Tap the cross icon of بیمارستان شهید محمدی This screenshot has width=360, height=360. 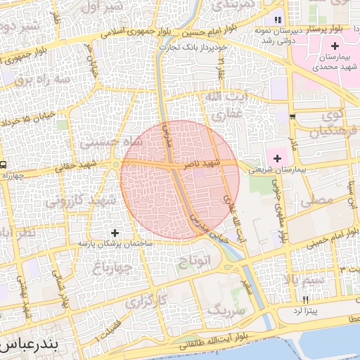click(335, 46)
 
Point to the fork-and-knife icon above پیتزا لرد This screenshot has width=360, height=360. click(305, 299)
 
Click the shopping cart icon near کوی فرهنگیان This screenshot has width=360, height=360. click(292, 117)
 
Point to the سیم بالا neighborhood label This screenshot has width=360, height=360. click(303, 281)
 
